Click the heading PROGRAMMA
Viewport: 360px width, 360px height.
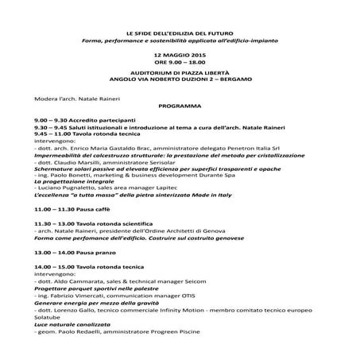tap(179, 105)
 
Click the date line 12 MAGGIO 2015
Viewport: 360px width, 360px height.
tap(179, 52)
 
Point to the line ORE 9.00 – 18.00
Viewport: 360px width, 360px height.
tap(179, 60)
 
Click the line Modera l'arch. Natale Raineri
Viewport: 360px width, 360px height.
tap(69, 95)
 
